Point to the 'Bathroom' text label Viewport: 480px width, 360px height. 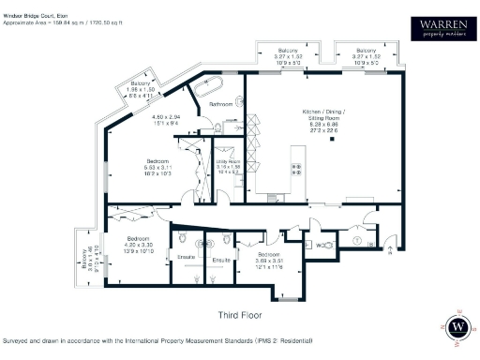click(x=220, y=104)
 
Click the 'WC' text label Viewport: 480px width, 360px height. click(x=320, y=245)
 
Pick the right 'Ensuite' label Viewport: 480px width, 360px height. click(x=221, y=260)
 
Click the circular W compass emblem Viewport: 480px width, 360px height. click(x=457, y=326)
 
